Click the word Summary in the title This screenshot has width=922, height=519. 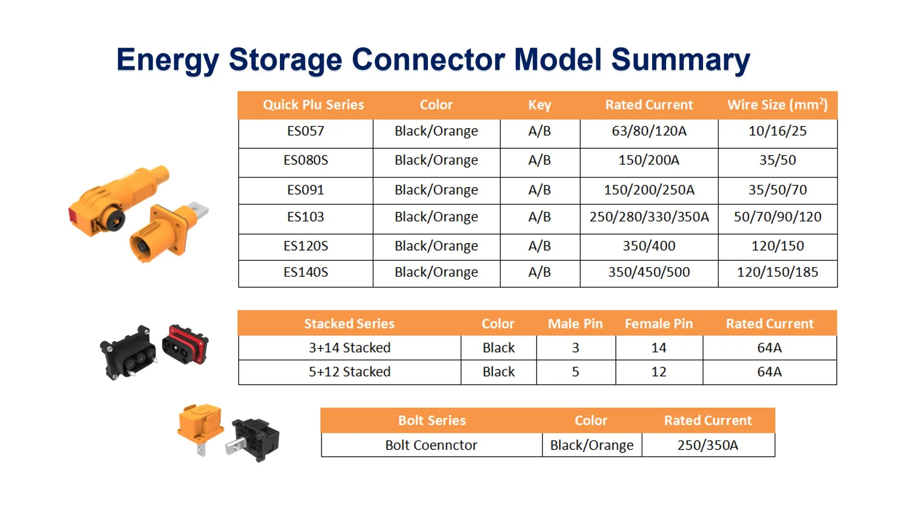(x=680, y=60)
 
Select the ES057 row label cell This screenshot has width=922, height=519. (x=305, y=131)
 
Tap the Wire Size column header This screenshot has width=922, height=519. (x=777, y=105)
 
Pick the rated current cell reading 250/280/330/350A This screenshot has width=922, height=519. (x=649, y=217)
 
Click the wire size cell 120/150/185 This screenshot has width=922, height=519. (x=777, y=272)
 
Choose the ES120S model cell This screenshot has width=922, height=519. (x=305, y=246)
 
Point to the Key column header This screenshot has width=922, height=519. (x=539, y=105)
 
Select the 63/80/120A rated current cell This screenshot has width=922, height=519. (x=649, y=131)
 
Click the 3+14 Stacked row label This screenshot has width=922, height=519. (x=349, y=348)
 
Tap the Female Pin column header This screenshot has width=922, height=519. (x=658, y=324)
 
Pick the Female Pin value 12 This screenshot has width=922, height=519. (x=658, y=372)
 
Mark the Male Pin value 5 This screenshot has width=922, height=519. (x=575, y=372)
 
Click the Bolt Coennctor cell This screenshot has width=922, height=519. (x=431, y=445)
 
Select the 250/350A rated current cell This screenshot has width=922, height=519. (x=707, y=445)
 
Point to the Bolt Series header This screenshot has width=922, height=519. (x=432, y=420)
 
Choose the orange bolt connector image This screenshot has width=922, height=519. (x=200, y=425)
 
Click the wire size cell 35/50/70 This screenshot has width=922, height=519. (x=777, y=190)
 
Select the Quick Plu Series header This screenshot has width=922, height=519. (x=313, y=105)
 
